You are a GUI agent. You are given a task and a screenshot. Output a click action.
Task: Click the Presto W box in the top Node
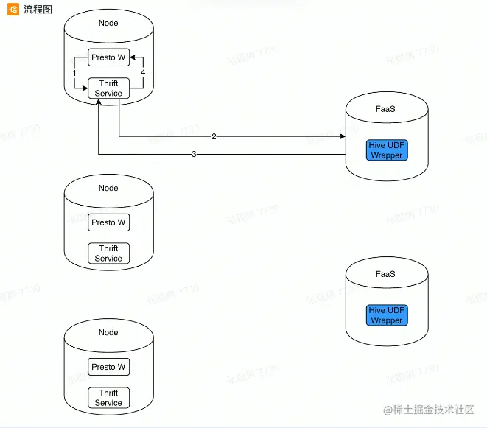pos(108,57)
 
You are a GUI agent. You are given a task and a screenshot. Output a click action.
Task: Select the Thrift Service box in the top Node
pos(108,88)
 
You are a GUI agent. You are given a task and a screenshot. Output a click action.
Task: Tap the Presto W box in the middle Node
pos(108,222)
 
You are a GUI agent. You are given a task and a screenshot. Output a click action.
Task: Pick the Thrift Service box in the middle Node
pos(108,253)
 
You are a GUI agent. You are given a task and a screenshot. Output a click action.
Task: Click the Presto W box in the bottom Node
pos(108,367)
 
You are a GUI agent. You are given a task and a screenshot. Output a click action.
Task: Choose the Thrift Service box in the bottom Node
pos(108,398)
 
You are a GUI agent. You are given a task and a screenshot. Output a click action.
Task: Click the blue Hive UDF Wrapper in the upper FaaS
pos(387,150)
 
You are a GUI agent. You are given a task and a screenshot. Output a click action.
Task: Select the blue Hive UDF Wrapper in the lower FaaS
pos(387,315)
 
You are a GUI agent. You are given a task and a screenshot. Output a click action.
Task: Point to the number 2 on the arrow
pos(214,136)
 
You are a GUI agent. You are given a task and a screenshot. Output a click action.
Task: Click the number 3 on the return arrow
pos(194,154)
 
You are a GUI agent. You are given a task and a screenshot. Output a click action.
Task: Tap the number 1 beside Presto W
pos(75,73)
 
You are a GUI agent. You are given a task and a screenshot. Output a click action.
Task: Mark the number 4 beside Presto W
pos(143,73)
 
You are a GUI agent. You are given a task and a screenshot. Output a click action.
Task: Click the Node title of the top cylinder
pos(108,23)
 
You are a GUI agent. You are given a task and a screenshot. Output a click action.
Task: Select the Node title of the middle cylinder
pos(108,188)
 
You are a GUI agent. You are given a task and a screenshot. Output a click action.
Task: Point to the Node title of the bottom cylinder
pos(108,332)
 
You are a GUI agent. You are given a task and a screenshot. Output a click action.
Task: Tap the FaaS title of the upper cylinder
pos(385,108)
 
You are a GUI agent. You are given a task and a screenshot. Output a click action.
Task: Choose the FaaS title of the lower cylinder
pos(385,274)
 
